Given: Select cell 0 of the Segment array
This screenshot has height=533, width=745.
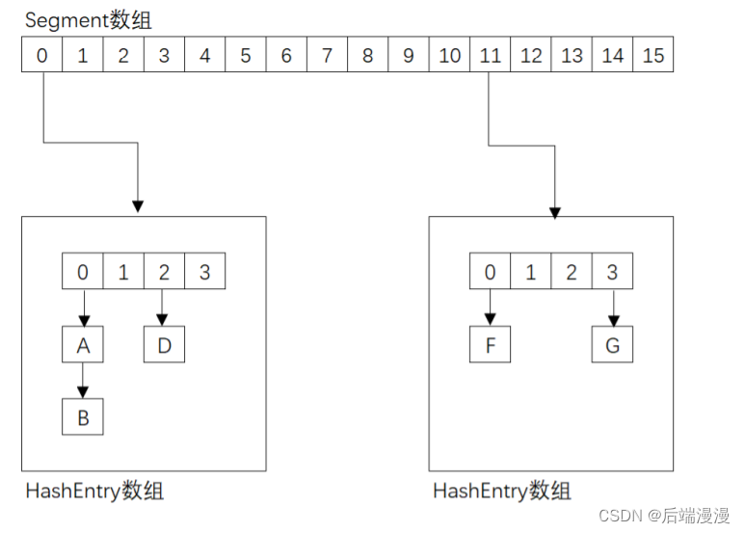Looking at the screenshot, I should tap(41, 56).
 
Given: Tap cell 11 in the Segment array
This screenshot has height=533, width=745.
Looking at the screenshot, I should tap(491, 56).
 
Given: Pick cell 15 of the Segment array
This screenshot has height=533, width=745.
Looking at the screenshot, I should tap(653, 56).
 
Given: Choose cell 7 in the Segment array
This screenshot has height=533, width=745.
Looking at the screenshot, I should tap(327, 56).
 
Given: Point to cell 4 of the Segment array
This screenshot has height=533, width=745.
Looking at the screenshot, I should tap(204, 56).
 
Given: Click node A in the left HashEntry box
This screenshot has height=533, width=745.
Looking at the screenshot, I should tap(83, 345).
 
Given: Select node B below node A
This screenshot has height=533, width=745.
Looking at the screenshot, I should tap(83, 417).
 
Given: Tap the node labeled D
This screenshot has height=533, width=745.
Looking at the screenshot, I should tap(164, 345).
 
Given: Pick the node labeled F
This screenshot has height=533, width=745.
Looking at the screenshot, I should tap(491, 345).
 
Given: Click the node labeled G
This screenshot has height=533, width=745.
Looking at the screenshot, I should tap(613, 345).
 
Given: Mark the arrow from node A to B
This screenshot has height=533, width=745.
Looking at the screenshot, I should tap(83, 382).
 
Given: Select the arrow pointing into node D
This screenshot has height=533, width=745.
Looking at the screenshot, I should tap(164, 308).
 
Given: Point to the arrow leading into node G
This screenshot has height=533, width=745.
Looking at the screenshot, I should tap(613, 308).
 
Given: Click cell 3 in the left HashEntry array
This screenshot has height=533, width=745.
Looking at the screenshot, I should tap(204, 273).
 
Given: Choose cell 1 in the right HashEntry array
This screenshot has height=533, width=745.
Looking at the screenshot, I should tap(531, 273).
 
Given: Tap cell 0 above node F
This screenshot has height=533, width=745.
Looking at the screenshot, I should tap(491, 273).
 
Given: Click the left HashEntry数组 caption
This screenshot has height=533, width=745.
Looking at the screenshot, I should tap(94, 491).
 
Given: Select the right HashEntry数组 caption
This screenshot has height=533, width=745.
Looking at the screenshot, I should tap(502, 491).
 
